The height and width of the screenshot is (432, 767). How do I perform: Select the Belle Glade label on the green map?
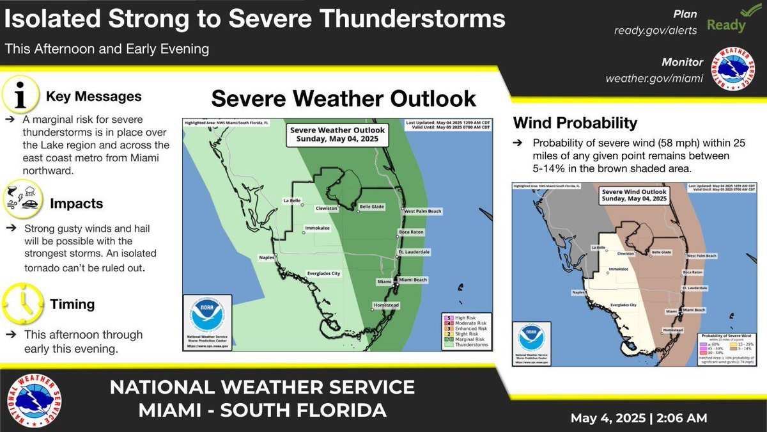tap(373, 208)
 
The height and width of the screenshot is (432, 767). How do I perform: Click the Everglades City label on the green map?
tap(324, 274)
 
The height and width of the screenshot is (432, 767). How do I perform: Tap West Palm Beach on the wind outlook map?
tap(701, 255)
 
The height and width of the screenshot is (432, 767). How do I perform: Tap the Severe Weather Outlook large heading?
tap(343, 99)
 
